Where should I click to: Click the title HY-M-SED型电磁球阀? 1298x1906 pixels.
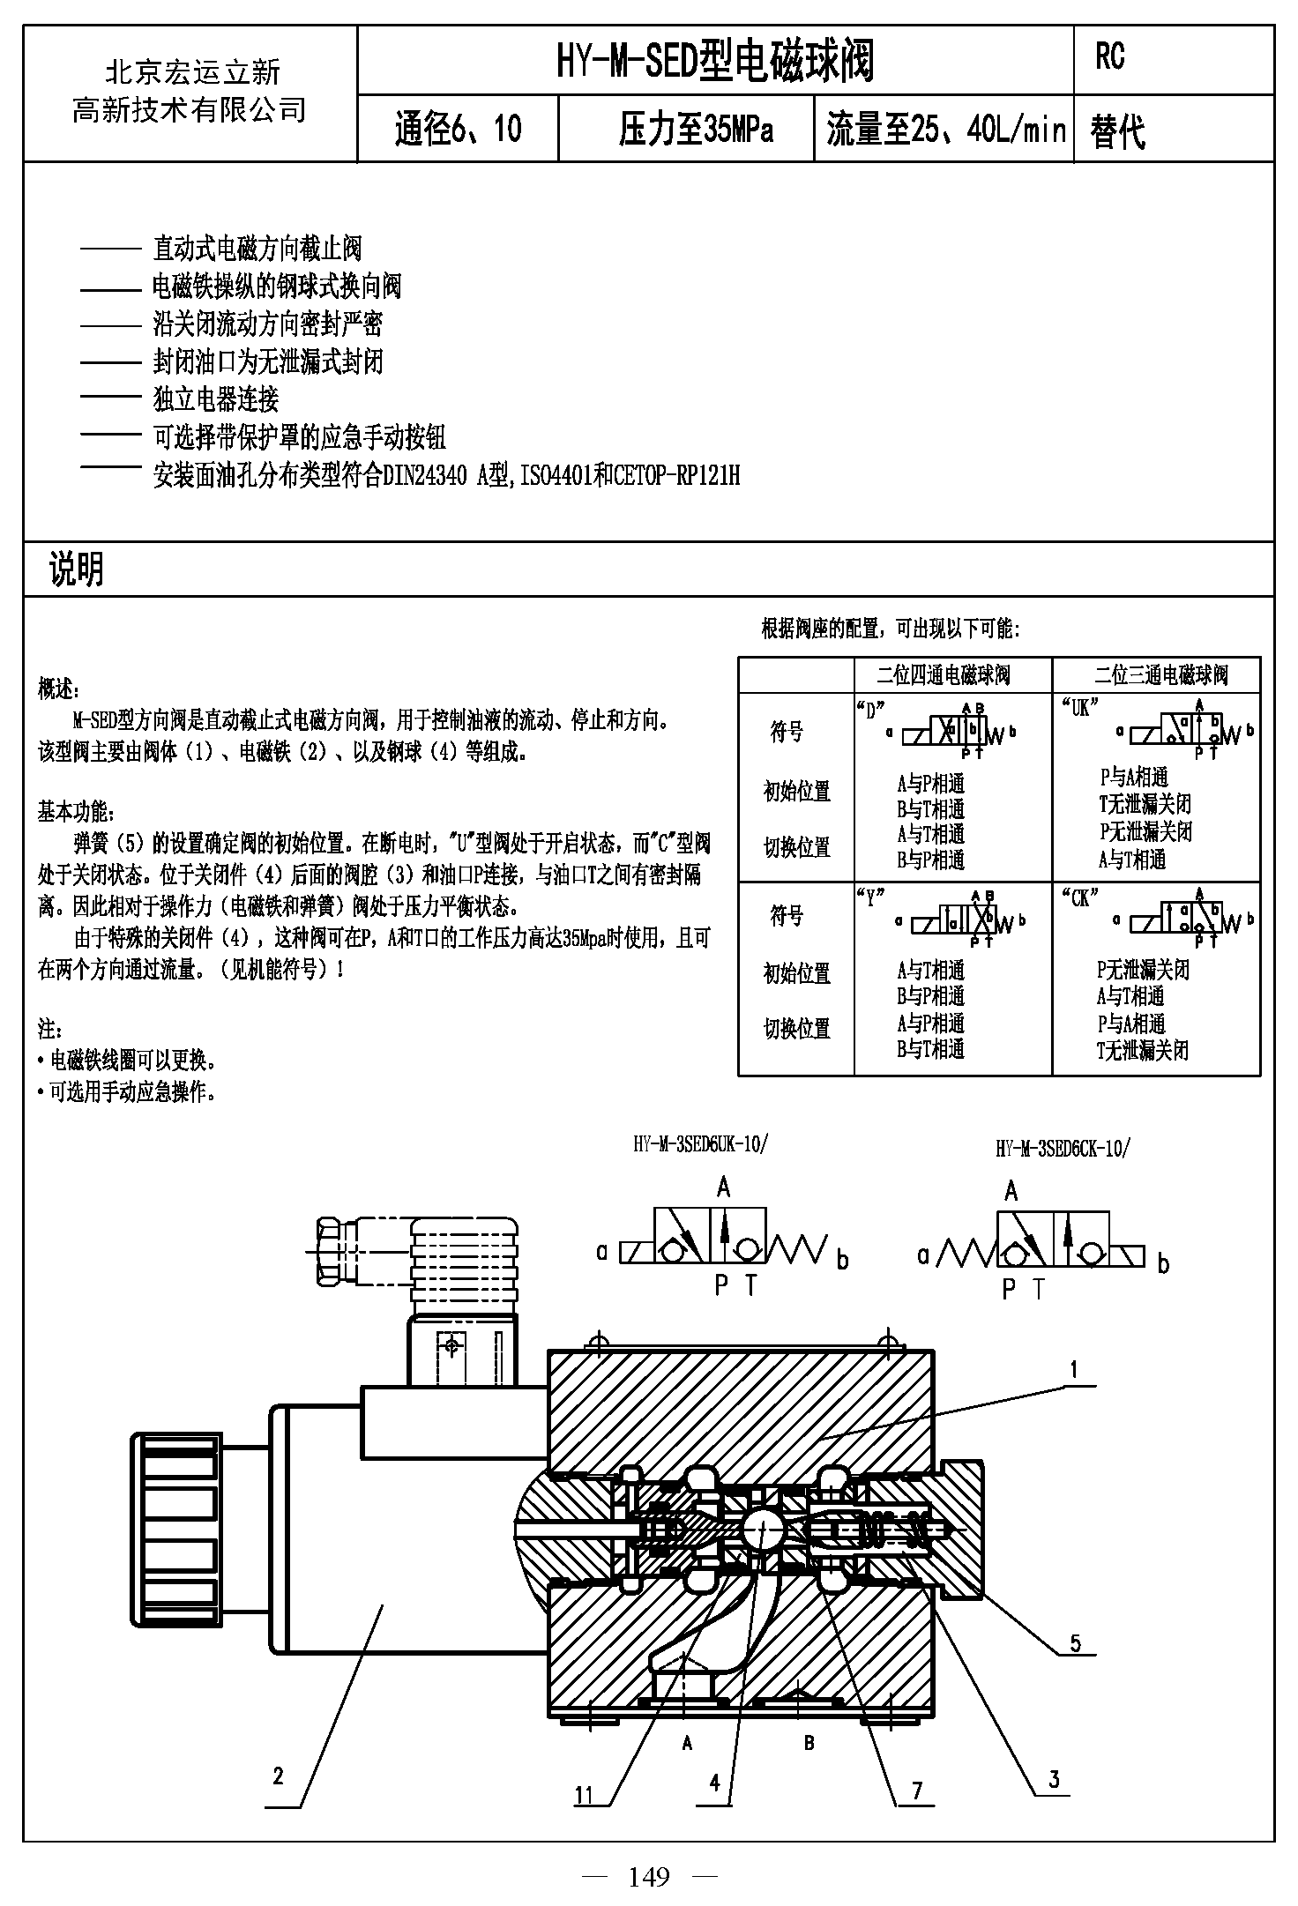(715, 61)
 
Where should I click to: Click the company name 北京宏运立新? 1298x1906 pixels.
(192, 71)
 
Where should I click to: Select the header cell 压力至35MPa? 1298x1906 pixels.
(696, 130)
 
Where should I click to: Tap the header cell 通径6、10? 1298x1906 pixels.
(458, 130)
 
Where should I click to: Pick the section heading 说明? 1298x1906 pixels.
(77, 570)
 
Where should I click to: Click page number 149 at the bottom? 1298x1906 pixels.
(649, 1876)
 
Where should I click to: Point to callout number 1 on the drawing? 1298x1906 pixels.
(1073, 1369)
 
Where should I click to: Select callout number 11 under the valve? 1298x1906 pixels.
(585, 1795)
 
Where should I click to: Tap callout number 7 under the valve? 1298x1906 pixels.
(917, 1791)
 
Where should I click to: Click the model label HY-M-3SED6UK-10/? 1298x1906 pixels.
(701, 1144)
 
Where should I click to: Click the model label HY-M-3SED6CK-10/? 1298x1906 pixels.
(1062, 1148)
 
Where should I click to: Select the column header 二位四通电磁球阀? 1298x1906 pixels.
(943, 675)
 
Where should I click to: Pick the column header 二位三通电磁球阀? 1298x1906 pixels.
(1161, 675)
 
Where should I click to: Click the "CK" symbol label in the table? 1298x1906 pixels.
(1079, 897)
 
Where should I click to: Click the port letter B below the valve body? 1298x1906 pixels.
(809, 1743)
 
